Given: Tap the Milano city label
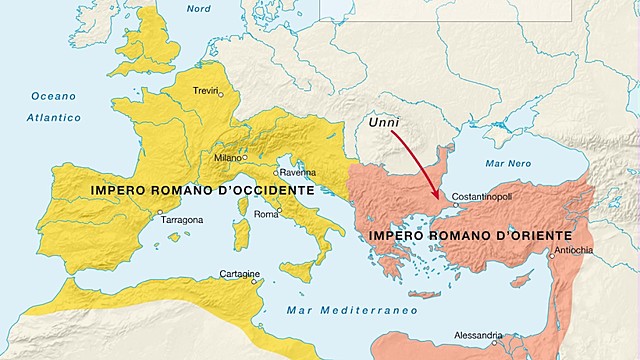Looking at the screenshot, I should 228,158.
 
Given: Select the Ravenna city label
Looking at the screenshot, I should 297,172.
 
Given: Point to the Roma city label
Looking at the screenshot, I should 266,214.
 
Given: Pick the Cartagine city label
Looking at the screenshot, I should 240,275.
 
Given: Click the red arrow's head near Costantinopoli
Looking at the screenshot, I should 436,194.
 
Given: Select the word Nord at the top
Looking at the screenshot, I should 200,9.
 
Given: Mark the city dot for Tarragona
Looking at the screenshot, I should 160,212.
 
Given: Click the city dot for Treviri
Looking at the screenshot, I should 221,95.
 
